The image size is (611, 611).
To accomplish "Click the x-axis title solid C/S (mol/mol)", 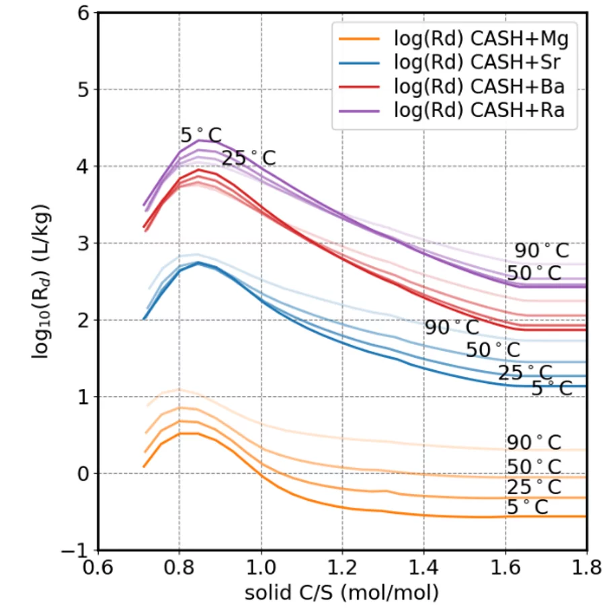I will click(x=341, y=592).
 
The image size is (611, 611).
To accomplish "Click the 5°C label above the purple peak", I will click(x=200, y=135).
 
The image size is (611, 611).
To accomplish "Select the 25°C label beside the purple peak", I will click(x=249, y=159).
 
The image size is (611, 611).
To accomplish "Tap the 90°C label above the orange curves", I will click(x=534, y=442).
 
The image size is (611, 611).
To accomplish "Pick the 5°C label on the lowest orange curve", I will click(x=527, y=507).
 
